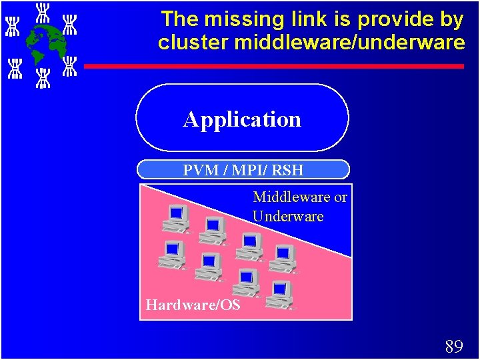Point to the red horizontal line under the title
[x=273, y=66]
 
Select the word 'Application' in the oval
[x=242, y=119]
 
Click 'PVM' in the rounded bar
[x=203, y=170]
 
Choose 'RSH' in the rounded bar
[x=288, y=170]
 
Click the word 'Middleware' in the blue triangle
[x=291, y=197]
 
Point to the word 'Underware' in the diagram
[x=288, y=216]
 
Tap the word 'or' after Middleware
[x=340, y=197]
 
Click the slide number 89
[x=453, y=346]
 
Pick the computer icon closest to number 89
[x=279, y=294]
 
